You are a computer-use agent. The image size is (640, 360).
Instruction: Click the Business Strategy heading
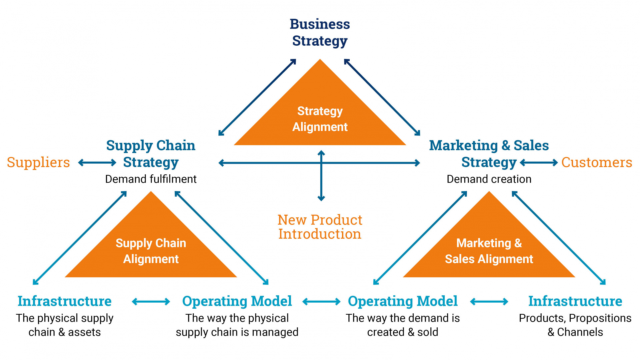click(320, 32)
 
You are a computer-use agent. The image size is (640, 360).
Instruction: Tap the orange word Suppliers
click(38, 162)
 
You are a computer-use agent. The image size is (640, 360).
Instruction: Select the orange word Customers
click(596, 162)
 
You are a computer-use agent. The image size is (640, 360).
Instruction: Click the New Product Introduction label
click(320, 227)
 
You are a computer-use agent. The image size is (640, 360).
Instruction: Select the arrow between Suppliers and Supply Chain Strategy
click(97, 163)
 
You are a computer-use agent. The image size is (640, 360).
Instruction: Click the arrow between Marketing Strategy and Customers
click(539, 163)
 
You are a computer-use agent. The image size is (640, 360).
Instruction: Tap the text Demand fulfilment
click(151, 179)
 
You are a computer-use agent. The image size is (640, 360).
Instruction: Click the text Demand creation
click(489, 179)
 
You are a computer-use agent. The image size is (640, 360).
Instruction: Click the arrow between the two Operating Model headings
click(321, 302)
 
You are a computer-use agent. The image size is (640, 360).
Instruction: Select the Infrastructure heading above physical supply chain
click(64, 301)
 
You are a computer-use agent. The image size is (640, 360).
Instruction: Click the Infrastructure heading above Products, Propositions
click(575, 301)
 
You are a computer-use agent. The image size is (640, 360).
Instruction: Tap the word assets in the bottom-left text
click(84, 332)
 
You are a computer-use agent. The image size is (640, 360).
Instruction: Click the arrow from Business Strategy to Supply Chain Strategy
click(257, 97)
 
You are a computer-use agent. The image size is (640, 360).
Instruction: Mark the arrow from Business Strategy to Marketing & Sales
click(382, 97)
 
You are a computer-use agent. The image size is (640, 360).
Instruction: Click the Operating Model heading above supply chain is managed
click(237, 301)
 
